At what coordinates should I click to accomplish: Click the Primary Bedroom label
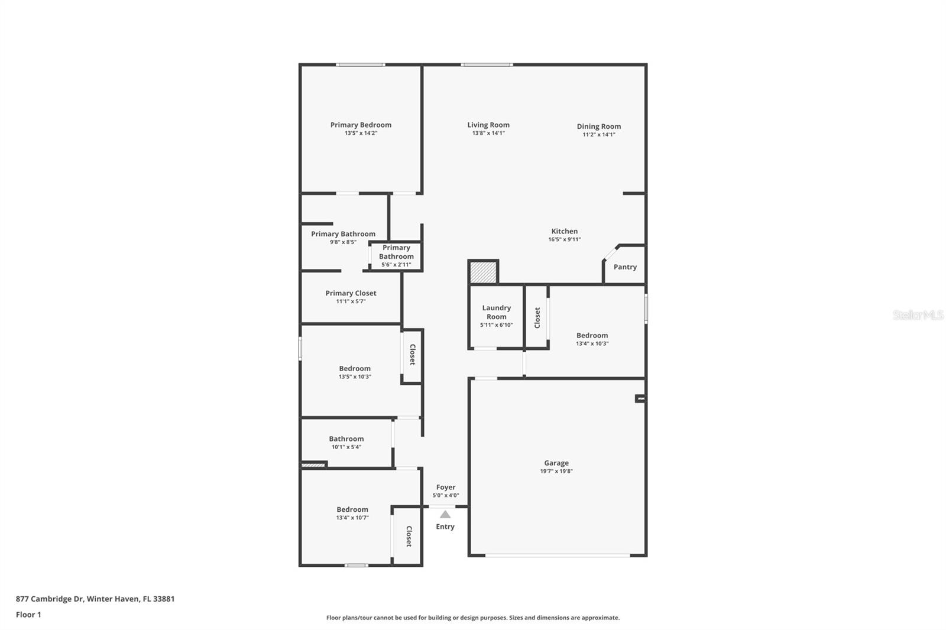pyautogui.click(x=361, y=125)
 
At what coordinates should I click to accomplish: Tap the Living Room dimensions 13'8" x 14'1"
pyautogui.click(x=488, y=133)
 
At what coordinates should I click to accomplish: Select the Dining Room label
pyautogui.click(x=599, y=126)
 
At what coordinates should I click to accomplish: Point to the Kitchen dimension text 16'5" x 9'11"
pyautogui.click(x=565, y=239)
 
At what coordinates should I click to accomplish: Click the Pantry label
pyautogui.click(x=625, y=267)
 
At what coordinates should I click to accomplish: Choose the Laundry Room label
pyautogui.click(x=496, y=312)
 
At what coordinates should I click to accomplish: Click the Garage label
pyautogui.click(x=556, y=463)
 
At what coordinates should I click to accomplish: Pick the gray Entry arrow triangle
pyautogui.click(x=445, y=514)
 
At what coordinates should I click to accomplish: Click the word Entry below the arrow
pyautogui.click(x=445, y=527)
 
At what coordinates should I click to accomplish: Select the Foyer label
pyautogui.click(x=446, y=487)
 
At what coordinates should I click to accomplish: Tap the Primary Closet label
pyautogui.click(x=351, y=293)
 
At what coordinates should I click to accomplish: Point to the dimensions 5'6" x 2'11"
pyautogui.click(x=396, y=265)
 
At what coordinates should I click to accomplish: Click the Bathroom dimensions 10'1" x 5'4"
pyautogui.click(x=346, y=447)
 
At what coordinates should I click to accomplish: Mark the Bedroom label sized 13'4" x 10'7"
pyautogui.click(x=352, y=509)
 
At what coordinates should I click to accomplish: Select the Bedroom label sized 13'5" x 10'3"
pyautogui.click(x=355, y=369)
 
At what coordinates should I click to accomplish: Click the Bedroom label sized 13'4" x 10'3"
pyautogui.click(x=592, y=335)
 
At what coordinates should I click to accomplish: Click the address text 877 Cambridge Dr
pyautogui.click(x=50, y=599)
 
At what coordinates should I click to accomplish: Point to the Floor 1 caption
pyautogui.click(x=28, y=615)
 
